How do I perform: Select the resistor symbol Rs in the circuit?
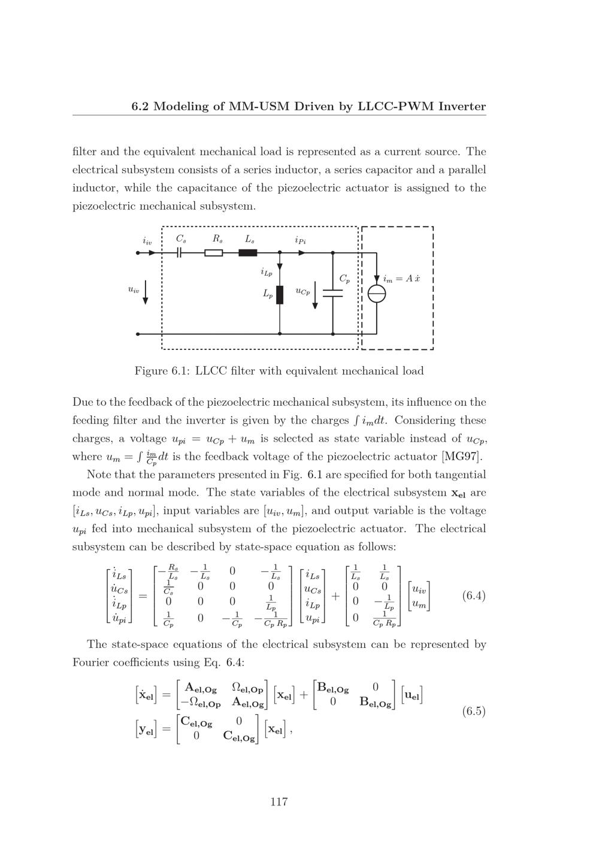[214, 253]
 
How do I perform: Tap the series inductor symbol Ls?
[248, 253]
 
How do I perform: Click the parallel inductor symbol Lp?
[280, 295]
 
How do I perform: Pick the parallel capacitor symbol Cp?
[332, 293]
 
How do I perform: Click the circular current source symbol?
[377, 294]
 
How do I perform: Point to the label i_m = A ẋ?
[401, 279]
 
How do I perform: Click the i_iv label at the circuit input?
[147, 241]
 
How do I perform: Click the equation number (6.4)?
[473, 596]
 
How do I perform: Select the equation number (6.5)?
[473, 711]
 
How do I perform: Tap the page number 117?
[279, 802]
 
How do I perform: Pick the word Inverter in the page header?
[462, 107]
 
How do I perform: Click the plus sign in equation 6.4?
[335, 596]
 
